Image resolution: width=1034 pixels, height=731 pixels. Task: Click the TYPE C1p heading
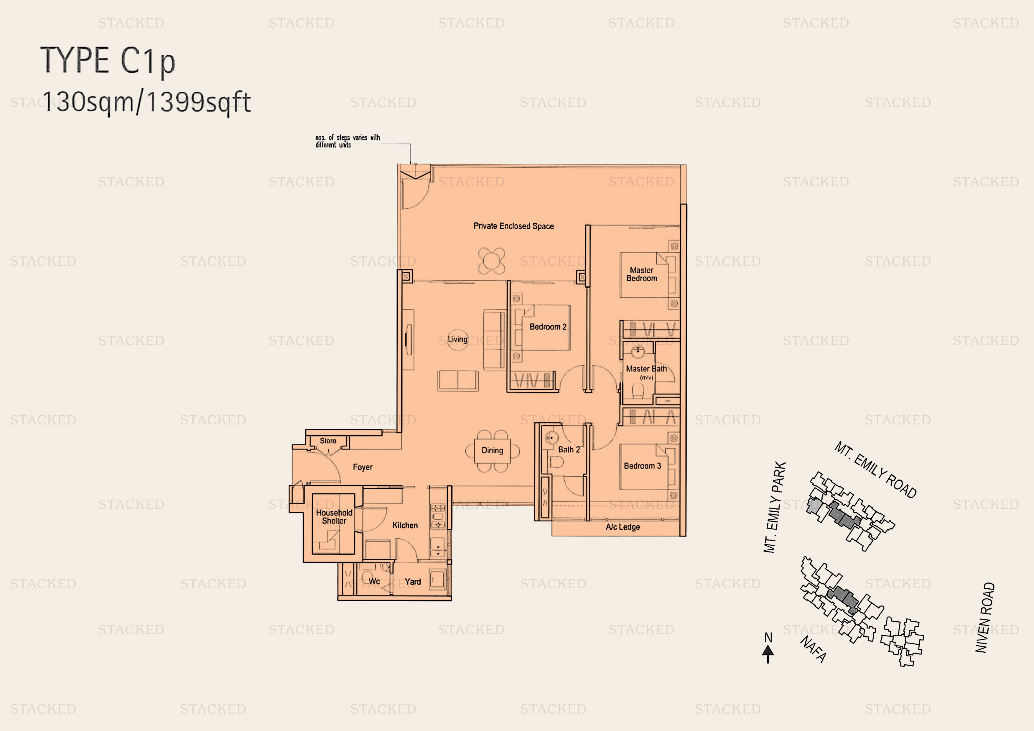click(108, 61)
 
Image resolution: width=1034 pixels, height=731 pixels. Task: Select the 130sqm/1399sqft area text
click(146, 102)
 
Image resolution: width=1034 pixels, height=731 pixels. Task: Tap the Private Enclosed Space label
click(513, 226)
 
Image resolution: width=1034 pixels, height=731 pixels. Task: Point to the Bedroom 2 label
click(548, 327)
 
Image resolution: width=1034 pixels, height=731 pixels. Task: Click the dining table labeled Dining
click(492, 450)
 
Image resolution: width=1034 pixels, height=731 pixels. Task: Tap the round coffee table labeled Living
click(457, 339)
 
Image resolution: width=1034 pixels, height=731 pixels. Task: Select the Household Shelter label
click(334, 517)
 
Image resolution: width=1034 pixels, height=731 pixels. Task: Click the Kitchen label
click(405, 525)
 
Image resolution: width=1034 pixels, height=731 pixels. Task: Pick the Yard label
click(413, 582)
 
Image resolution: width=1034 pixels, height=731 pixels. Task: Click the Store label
click(328, 441)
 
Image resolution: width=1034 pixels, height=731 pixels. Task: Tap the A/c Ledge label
click(623, 527)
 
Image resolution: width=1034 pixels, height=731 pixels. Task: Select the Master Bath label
click(646, 369)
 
